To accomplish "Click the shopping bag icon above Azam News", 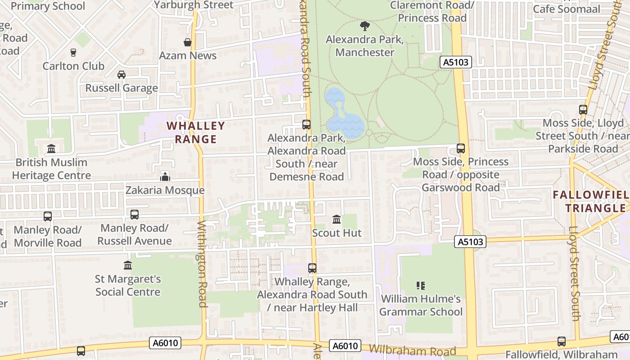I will click(188, 42).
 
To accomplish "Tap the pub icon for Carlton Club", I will click(73, 53).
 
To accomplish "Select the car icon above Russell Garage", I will click(121, 75).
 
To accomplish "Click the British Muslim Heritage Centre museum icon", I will click(51, 148).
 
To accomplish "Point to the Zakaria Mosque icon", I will click(165, 177).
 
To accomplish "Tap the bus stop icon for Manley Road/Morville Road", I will click(48, 216).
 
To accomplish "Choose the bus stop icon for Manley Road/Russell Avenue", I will click(135, 215).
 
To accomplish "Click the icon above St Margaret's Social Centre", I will click(128, 265).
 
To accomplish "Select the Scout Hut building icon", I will click(337, 220).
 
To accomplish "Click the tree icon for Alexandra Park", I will click(365, 26).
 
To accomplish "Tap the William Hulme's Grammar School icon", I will click(421, 285).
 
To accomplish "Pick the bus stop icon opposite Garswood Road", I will click(461, 148).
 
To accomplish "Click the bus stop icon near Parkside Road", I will click(583, 110).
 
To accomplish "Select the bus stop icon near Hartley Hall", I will click(312, 268).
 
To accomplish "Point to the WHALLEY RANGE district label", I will click(196, 132).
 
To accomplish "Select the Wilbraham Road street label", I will click(412, 351).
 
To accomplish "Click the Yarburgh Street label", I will click(194, 5).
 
